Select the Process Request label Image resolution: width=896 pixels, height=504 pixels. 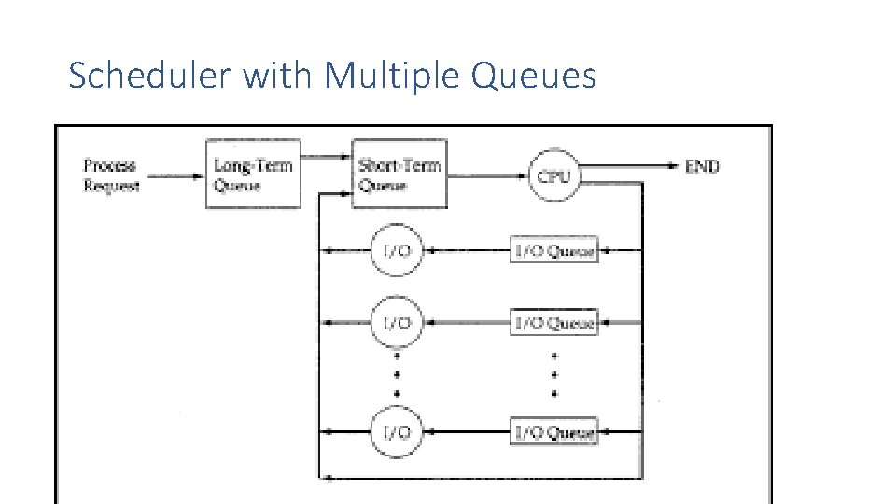click(111, 175)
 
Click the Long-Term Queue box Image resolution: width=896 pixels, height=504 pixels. click(253, 175)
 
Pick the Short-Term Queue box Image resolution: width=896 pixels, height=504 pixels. click(399, 174)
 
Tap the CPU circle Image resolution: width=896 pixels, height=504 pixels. click(554, 175)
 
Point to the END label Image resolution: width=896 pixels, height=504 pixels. click(702, 167)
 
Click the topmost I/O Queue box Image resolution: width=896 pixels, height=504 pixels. click(554, 250)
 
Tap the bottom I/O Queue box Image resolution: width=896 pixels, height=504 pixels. click(554, 431)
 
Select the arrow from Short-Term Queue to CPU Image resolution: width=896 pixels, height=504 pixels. click(485, 175)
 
